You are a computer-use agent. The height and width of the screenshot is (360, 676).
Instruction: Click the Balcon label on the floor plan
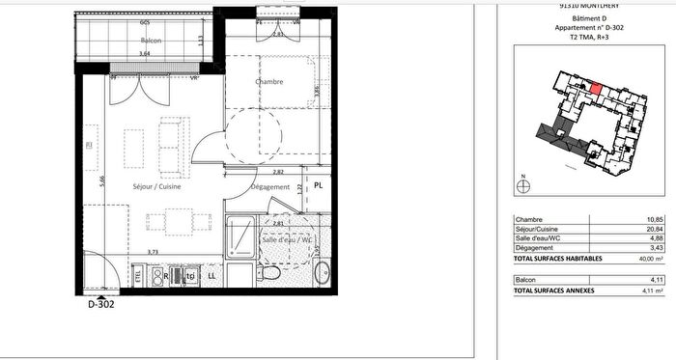tap(151, 42)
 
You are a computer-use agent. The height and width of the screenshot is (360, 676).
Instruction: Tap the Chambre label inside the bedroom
tap(268, 82)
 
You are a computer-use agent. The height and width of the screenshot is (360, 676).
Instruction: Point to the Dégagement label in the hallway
tap(270, 186)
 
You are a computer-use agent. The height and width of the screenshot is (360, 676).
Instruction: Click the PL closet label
tap(318, 185)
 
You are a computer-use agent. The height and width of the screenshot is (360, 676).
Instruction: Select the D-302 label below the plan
tap(101, 304)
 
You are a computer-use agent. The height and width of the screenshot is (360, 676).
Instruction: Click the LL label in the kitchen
tap(211, 275)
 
